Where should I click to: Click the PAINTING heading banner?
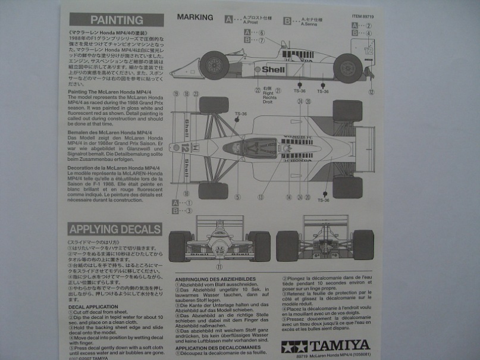[x=116, y=20]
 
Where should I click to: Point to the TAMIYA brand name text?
[x=339, y=346]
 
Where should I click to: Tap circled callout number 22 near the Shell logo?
[x=258, y=90]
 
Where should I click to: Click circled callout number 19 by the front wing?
[x=175, y=93]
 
